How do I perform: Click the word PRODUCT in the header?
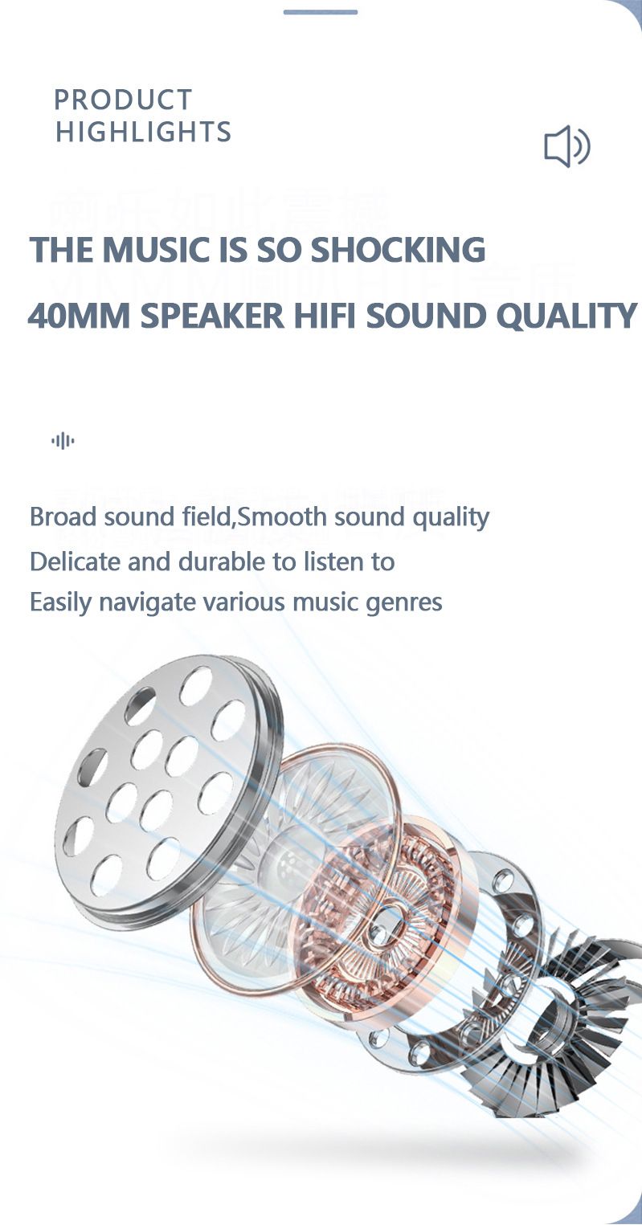(123, 100)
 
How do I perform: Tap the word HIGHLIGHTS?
(143, 132)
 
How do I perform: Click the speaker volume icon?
(566, 146)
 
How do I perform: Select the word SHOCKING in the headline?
(398, 250)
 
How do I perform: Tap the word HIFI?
(324, 316)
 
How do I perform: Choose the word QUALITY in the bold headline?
(566, 316)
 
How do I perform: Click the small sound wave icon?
(63, 440)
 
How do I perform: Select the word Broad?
(60, 517)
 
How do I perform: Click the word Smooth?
(282, 517)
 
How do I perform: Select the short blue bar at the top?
(321, 12)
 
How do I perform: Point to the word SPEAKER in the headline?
(212, 316)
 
